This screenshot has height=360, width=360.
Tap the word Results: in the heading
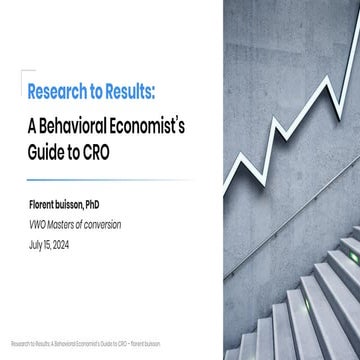coord(131,92)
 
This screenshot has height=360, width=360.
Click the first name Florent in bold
coord(45,204)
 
